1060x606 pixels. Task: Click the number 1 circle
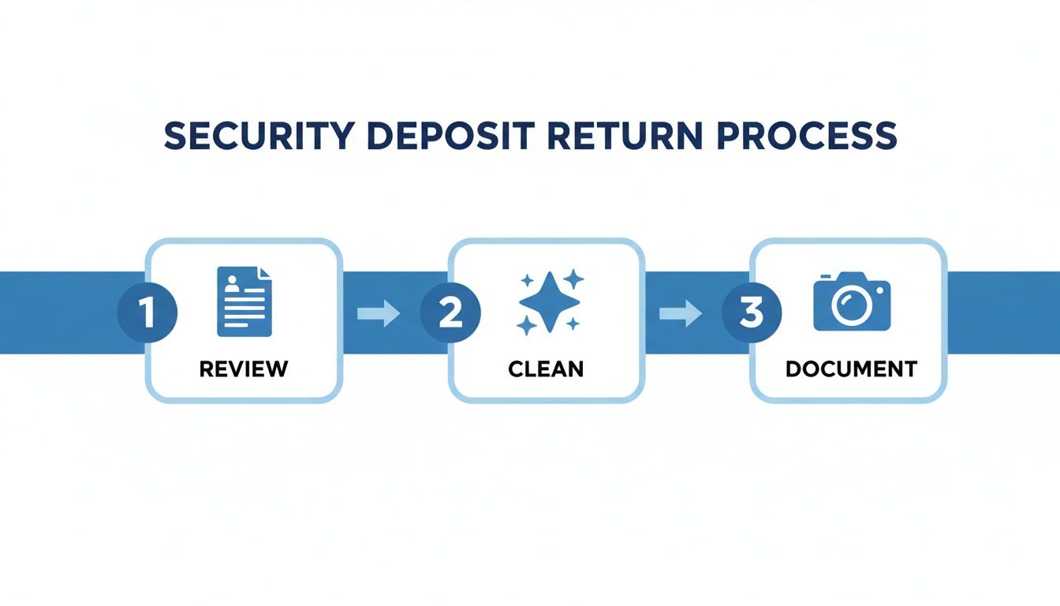147,313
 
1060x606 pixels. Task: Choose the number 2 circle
450,313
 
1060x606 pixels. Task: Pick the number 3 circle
752,313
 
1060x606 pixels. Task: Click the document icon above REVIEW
244,301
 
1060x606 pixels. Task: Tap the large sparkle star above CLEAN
550,301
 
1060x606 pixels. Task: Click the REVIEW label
244,368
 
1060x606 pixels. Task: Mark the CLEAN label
546,368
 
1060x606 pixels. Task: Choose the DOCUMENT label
851,368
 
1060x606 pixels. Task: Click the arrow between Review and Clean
379,314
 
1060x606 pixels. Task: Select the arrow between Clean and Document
680,314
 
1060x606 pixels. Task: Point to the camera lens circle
851,306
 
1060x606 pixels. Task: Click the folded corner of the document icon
265,273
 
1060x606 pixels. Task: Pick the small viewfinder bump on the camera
826,277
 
